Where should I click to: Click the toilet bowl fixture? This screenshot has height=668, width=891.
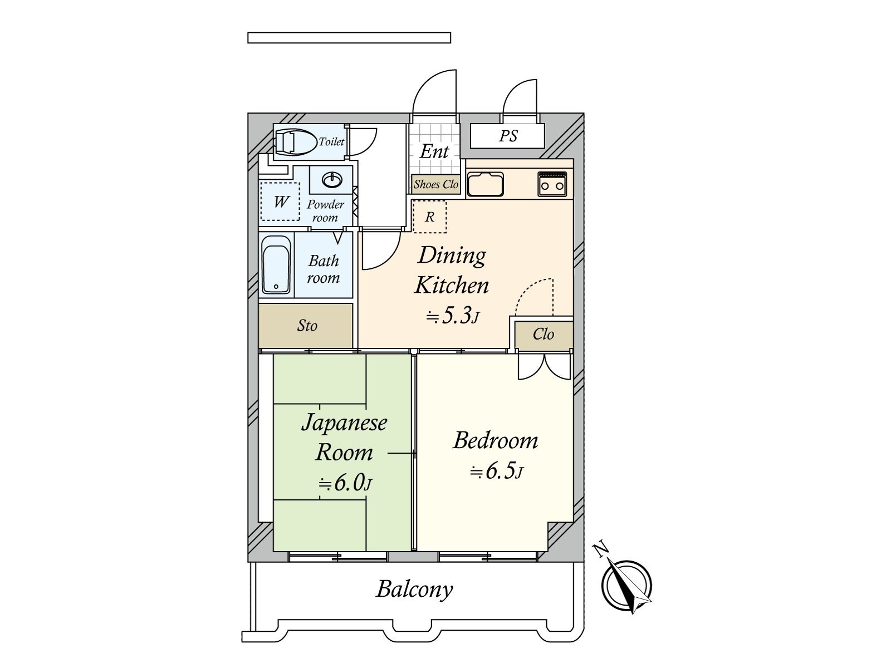296,142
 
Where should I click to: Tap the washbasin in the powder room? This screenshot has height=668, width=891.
332,180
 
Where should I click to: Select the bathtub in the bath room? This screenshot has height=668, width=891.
276,264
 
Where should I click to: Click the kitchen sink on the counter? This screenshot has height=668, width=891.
485,184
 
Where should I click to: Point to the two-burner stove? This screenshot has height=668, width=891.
552,184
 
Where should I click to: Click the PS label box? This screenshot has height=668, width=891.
507,136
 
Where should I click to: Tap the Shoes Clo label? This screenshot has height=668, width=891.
435,185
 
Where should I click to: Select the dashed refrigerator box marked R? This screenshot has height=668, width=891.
429,217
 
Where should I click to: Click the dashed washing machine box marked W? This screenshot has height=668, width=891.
280,202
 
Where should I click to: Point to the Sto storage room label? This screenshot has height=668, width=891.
307,326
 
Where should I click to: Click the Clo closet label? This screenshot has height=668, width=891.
543,334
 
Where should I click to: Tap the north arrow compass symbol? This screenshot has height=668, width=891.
625,584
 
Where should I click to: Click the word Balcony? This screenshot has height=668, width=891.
414,590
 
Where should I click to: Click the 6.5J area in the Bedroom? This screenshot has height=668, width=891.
497,471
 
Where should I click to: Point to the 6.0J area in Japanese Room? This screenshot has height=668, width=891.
345,483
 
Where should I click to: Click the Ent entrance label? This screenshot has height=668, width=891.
434,151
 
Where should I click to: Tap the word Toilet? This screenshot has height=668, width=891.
331,141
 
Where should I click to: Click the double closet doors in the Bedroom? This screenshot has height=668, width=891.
544,366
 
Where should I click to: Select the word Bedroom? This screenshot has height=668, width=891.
495,440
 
